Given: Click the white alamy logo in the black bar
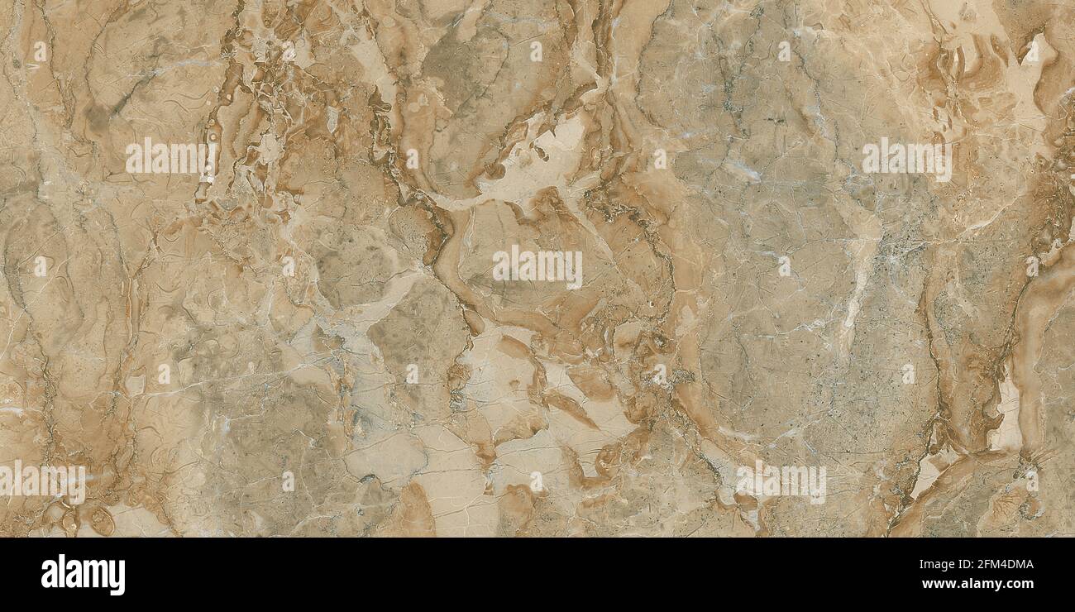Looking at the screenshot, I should [x=83, y=575].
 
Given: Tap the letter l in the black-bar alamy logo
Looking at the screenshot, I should [x=60, y=573].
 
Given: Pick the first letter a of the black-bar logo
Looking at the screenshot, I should [x=48, y=576].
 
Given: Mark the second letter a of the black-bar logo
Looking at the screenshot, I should [x=72, y=576].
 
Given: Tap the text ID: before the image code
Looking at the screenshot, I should [x=966, y=564].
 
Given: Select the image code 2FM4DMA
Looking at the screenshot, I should [x=1006, y=564].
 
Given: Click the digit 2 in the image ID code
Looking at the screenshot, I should [x=981, y=564].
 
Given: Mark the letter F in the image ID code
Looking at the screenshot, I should [x=988, y=564].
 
